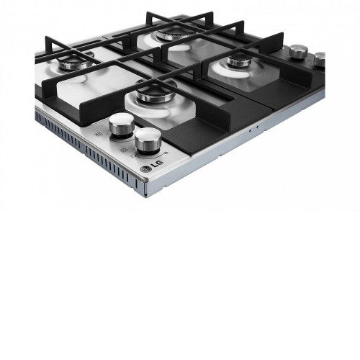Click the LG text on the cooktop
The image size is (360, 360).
click(x=157, y=164)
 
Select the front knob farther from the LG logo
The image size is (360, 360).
click(x=122, y=125)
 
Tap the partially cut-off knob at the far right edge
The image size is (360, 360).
click(x=320, y=59)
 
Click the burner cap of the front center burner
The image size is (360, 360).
click(x=156, y=93)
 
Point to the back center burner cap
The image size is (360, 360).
click(x=171, y=34)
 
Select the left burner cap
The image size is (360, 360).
click(x=76, y=63)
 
